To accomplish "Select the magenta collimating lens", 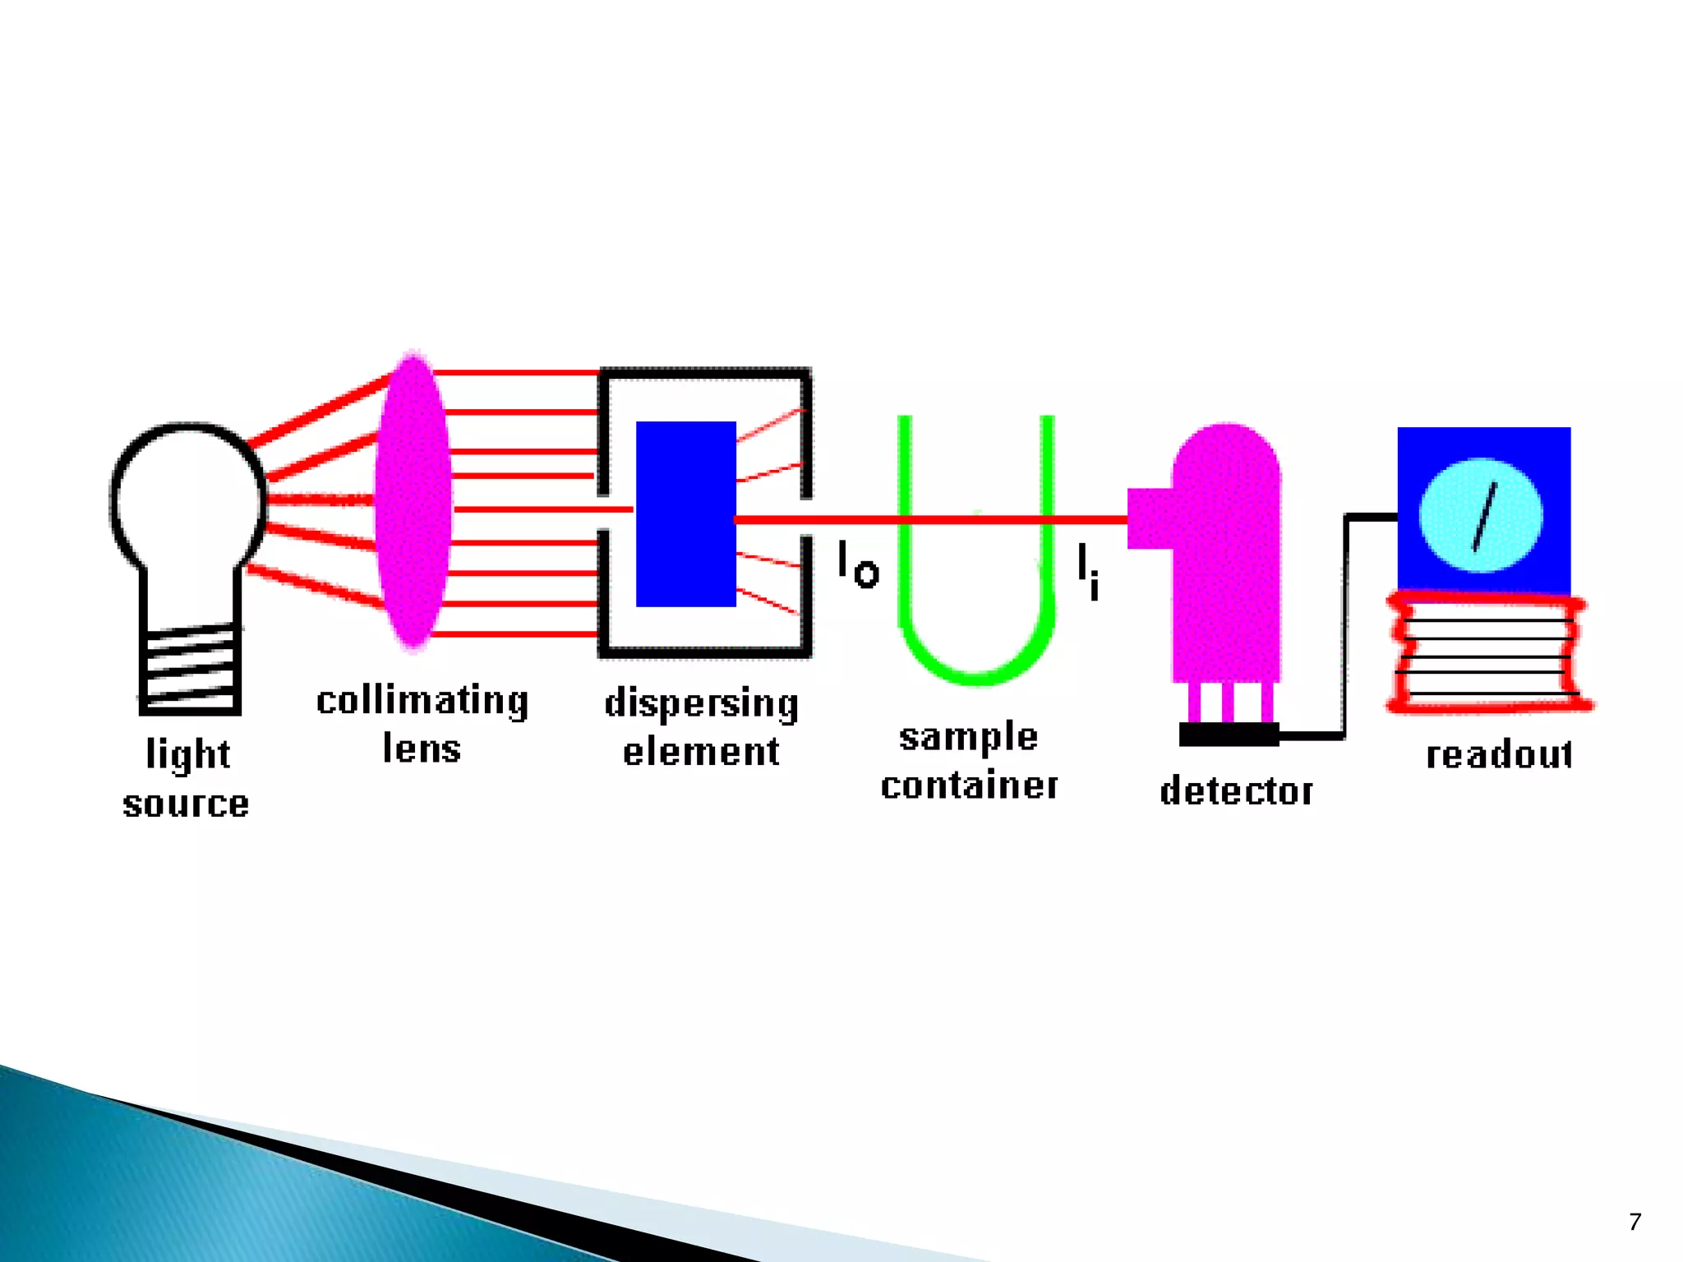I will (413, 501).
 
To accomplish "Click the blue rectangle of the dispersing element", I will (685, 514).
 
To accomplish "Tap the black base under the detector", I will (1229, 734).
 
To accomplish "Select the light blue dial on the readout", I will (1481, 515).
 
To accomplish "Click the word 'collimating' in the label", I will (422, 702).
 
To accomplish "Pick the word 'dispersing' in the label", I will (701, 704).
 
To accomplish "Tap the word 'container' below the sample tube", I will (969, 785).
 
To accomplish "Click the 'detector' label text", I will (1236, 790).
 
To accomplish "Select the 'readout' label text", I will (1499, 754).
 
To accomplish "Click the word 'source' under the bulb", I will (186, 804).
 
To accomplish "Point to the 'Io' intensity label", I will (858, 565).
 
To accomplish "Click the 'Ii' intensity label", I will (1087, 571).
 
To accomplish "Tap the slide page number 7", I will (1635, 1222).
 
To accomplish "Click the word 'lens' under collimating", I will (422, 748).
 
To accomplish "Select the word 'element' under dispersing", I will (701, 752).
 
